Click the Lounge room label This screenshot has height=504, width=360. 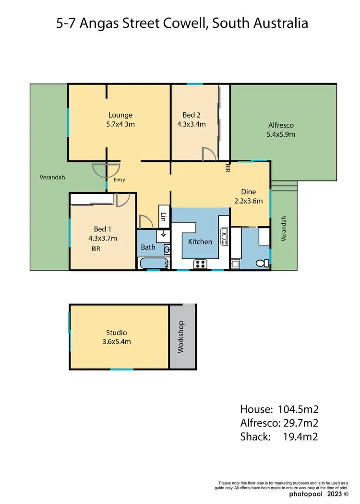[120, 115]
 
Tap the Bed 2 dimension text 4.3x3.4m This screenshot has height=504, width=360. [192, 124]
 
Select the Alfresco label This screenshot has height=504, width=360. [281, 125]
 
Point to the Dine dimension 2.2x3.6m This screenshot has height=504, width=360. [248, 201]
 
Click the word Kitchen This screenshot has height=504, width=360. [200, 242]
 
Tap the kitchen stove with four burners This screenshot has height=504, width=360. [200, 263]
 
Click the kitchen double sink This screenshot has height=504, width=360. [224, 236]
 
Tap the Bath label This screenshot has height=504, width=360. [148, 248]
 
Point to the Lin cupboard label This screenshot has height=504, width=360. [164, 217]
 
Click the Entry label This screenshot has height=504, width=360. [119, 180]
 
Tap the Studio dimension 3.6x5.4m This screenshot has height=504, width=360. [116, 342]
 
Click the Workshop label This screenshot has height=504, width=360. [181, 337]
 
